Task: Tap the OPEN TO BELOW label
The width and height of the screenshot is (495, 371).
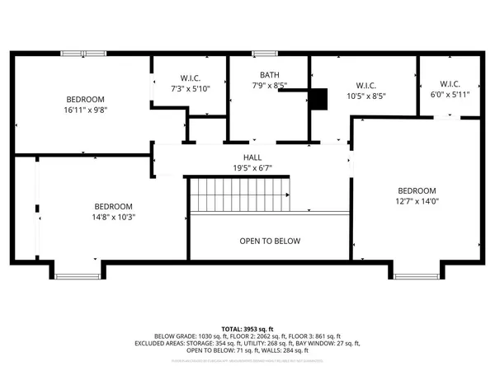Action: point(270,242)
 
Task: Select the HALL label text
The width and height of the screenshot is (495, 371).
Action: point(252,157)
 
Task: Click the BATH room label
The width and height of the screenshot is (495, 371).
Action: point(270,75)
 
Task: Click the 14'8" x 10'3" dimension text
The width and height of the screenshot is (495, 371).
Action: point(114,218)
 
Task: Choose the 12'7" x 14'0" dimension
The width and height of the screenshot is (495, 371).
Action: point(417,200)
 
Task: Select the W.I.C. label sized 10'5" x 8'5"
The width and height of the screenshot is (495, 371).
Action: point(365,85)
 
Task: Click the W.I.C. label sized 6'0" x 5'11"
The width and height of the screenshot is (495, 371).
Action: point(450,84)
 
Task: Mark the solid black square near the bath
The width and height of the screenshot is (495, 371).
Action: point(318,98)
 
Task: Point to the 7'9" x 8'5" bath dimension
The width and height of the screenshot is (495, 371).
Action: point(270,85)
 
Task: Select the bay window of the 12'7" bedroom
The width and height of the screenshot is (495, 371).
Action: point(416,275)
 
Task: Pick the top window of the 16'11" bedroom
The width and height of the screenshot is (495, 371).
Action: point(83,54)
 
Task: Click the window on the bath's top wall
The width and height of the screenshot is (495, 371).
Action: point(265,54)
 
